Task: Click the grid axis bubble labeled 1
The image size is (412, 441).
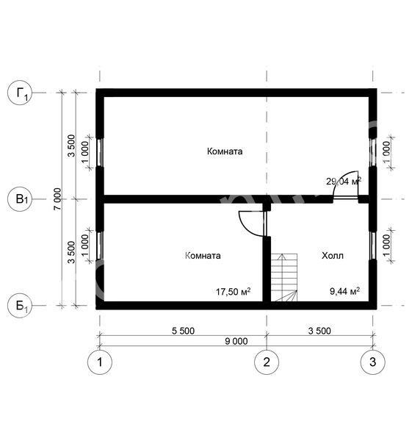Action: [x=100, y=362]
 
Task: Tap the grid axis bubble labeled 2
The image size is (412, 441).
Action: [x=267, y=362]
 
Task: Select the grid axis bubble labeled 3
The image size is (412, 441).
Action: [x=372, y=362]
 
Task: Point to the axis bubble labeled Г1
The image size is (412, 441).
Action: [x=20, y=93]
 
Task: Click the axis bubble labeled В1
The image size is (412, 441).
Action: [x=20, y=199]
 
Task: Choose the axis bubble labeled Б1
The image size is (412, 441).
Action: [x=20, y=306]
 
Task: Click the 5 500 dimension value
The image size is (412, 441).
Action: [x=183, y=331]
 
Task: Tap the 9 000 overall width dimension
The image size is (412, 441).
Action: [x=236, y=342]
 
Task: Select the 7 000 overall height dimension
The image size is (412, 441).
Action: [x=57, y=199]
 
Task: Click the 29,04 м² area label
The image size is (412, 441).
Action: [x=344, y=181]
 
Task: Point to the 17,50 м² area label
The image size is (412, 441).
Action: [x=233, y=291]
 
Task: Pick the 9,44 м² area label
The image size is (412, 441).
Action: [x=344, y=291]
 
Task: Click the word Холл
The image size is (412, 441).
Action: [x=333, y=256]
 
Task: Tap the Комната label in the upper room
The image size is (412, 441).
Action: [x=225, y=151]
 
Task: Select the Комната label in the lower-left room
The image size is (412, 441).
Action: [x=203, y=255]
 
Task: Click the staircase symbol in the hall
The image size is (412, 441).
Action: [x=284, y=277]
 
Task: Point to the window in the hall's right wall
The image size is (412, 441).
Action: [x=372, y=245]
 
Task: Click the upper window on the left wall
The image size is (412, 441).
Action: [x=100, y=152]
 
